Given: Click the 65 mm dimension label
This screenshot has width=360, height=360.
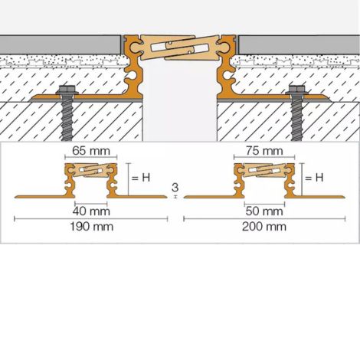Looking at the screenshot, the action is [91, 151].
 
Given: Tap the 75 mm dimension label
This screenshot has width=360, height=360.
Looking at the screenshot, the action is [264, 151].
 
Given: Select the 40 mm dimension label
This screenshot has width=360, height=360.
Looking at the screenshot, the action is [91, 211].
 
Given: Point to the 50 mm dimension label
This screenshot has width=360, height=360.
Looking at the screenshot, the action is [264, 211].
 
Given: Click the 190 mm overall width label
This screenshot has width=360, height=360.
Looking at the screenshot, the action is [92, 227].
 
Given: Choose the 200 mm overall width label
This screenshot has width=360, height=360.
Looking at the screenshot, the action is [264, 227].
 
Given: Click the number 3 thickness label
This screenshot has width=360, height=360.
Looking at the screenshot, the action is [175, 188].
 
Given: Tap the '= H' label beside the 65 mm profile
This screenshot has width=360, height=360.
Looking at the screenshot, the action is [141, 178].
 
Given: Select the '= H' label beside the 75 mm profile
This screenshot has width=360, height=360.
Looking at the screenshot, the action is [314, 178].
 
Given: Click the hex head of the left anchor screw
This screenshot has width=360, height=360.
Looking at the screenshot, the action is [67, 90].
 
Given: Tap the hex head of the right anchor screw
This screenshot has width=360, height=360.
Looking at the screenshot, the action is [296, 90].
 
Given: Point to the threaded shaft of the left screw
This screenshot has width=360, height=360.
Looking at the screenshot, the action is [67, 119].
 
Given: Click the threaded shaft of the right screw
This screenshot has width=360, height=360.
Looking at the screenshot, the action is [297, 119].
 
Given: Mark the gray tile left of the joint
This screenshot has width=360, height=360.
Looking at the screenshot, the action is [61, 44].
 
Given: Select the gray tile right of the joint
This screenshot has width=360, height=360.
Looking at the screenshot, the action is [299, 44].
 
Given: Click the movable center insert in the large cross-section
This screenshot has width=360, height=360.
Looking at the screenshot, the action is [180, 47].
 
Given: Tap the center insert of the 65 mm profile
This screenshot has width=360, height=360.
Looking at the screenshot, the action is [91, 170].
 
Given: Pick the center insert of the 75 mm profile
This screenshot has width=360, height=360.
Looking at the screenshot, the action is [264, 170].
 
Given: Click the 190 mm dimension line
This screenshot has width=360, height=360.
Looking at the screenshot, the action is [91, 219].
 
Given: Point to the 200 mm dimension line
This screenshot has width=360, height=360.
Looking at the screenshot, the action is [264, 219].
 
